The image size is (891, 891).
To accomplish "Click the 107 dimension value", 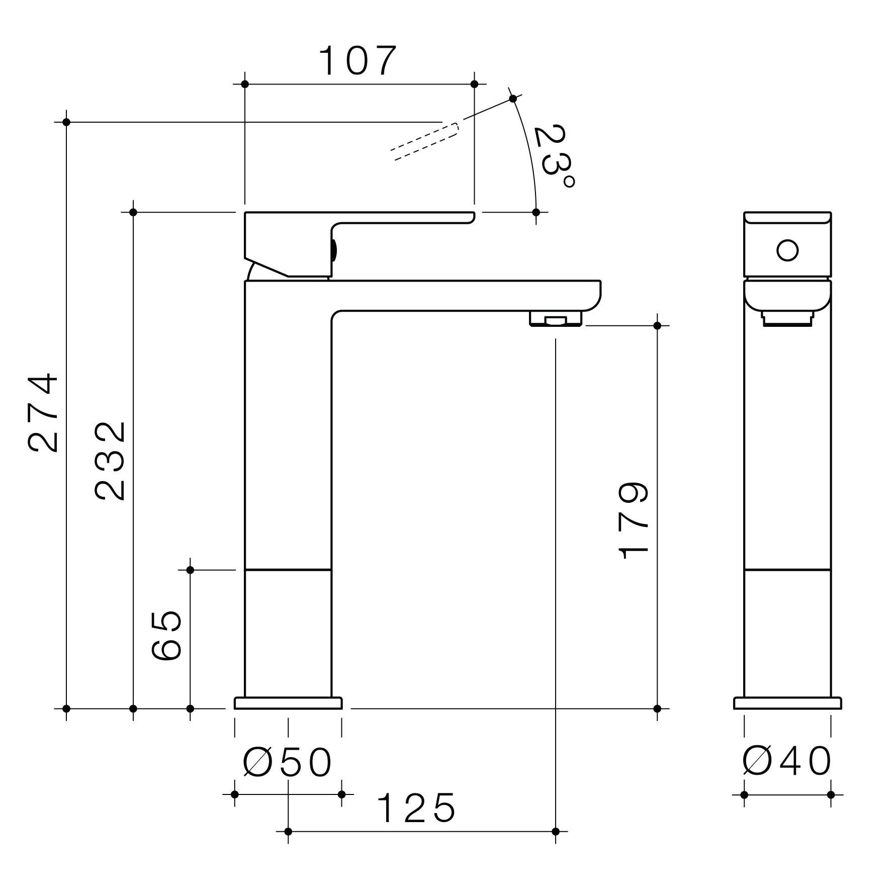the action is click(x=358, y=61).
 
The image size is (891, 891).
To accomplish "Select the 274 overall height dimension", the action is click(x=43, y=412).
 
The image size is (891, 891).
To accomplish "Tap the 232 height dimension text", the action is click(x=110, y=461).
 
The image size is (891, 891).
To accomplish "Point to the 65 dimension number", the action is click(x=166, y=635).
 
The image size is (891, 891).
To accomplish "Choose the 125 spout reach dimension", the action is click(x=416, y=808).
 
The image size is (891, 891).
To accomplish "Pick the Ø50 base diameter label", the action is click(x=288, y=762).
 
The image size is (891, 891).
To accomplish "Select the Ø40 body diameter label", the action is click(x=787, y=761).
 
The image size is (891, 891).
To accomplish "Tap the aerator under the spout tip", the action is click(x=556, y=319).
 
